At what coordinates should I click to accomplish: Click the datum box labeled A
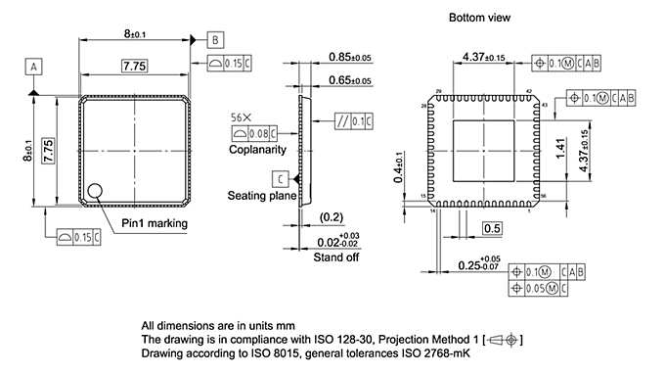tap(35, 67)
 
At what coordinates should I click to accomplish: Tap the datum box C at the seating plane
tap(281, 179)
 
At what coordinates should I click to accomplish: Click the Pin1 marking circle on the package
tap(96, 191)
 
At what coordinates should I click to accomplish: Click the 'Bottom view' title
tap(479, 19)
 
